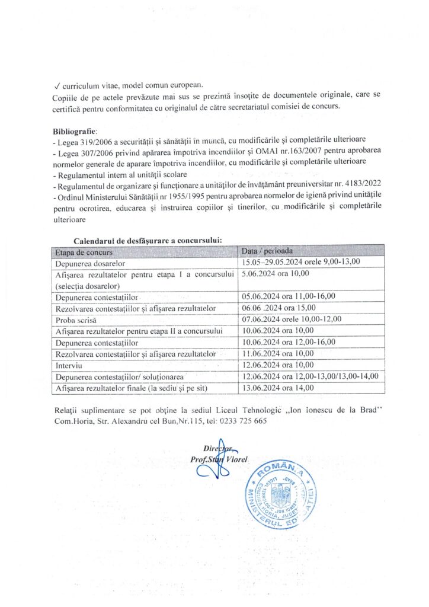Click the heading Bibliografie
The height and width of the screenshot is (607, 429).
(x=74, y=130)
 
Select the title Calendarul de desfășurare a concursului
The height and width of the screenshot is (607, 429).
(x=148, y=241)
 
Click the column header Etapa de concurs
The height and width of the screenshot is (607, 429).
(x=85, y=251)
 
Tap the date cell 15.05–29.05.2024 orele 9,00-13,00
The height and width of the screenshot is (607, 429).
(x=301, y=262)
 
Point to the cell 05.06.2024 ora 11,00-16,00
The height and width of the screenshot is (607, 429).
(x=289, y=296)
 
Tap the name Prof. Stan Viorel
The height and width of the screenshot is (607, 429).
(x=219, y=459)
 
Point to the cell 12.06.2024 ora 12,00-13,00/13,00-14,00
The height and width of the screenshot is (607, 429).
(x=310, y=376)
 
